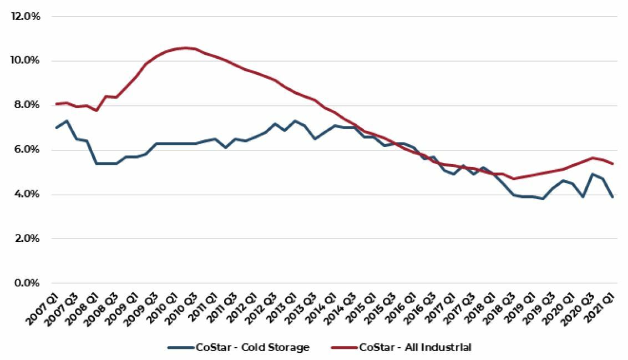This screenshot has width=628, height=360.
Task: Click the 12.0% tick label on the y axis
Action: click(26, 17)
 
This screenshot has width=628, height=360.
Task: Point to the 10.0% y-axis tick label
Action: click(26, 61)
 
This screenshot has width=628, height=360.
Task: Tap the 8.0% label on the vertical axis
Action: click(27, 105)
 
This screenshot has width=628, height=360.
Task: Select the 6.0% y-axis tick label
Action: click(27, 150)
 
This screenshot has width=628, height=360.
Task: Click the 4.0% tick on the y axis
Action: click(27, 195)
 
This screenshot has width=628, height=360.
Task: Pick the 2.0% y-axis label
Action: click(27, 239)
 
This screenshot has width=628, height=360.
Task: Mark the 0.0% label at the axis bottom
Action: click(27, 283)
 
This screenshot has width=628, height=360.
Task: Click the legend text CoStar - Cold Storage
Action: click(252, 348)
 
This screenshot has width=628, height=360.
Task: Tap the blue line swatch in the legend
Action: click(180, 348)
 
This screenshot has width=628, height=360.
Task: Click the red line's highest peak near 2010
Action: click(185, 48)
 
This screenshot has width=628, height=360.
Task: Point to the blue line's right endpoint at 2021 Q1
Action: click(612, 197)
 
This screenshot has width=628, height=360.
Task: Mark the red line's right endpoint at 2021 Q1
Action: click(612, 164)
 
